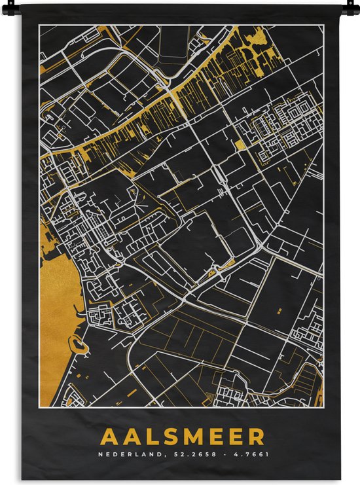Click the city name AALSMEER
(183, 437)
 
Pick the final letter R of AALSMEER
(257, 437)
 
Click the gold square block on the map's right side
(240, 145)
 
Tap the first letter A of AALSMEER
(108, 437)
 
